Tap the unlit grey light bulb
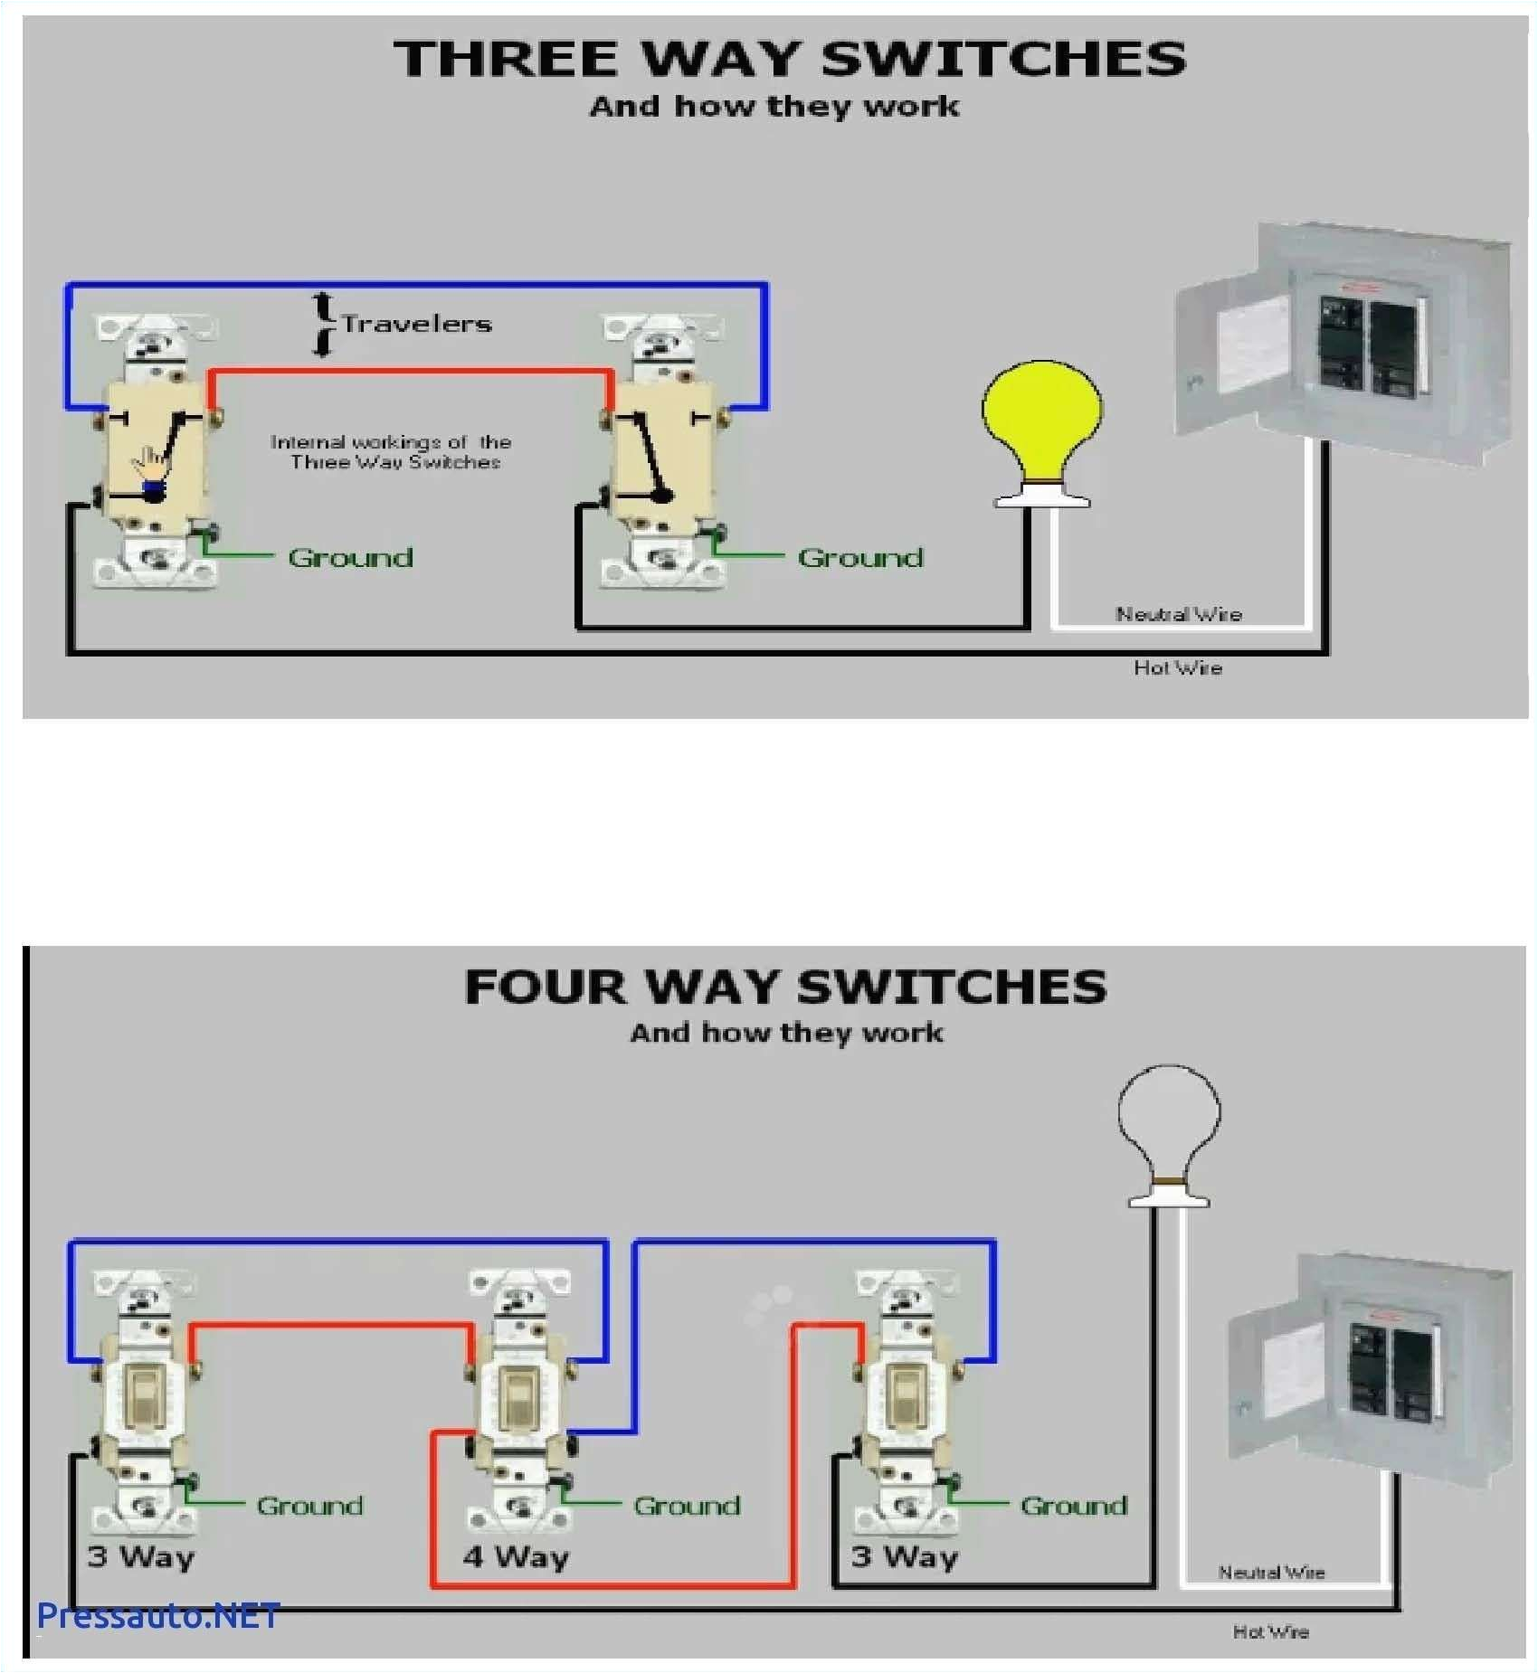(1169, 1121)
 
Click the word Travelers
(416, 324)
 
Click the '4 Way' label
(516, 1556)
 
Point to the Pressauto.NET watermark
(158, 1615)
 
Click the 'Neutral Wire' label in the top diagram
(1178, 614)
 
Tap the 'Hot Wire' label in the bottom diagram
(1270, 1631)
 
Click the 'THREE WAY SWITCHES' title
(789, 59)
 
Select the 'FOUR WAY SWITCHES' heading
(785, 987)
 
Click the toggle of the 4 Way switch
(517, 1396)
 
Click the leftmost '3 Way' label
(141, 1556)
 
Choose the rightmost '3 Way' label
(904, 1556)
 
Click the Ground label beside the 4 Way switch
(687, 1506)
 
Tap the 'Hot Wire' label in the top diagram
(1178, 667)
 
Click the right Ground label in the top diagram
(860, 557)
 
